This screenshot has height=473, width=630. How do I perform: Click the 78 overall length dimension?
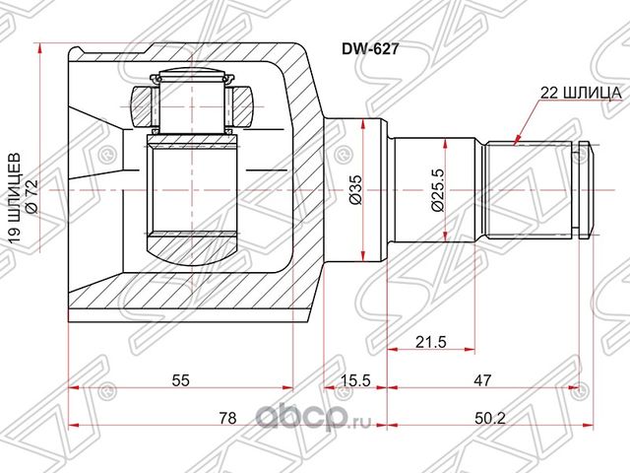click(x=229, y=419)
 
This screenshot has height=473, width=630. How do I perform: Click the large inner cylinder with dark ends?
click(x=192, y=190)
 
